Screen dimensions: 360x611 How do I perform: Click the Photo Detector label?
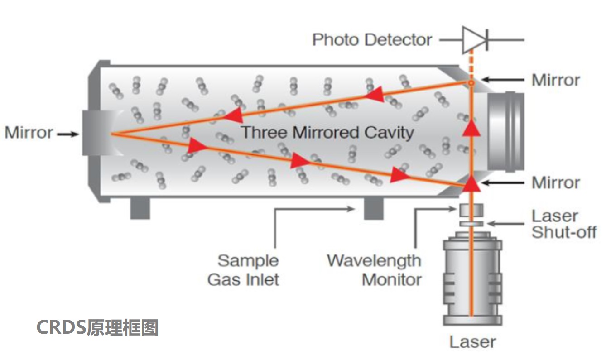coord(372,40)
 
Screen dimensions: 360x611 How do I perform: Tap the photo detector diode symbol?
coord(473,39)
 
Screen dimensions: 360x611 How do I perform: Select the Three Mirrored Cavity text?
coord(327,133)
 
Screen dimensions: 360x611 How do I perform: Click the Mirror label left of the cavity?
coord(29,133)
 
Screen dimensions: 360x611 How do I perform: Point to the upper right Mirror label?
coord(555,80)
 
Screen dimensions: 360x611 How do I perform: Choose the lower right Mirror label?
coord(555,182)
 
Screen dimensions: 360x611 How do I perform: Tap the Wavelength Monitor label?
coord(374,270)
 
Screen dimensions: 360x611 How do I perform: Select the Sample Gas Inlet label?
coord(244,270)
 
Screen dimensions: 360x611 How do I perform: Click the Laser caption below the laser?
coord(472,342)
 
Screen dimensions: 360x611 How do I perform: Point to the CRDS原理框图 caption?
coord(97,327)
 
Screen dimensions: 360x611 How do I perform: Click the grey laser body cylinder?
coord(472,281)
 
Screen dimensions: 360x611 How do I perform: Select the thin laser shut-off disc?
coord(471,224)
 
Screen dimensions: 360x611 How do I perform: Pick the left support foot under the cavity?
coord(140,209)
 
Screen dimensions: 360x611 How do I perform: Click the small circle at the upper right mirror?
coord(471,83)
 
